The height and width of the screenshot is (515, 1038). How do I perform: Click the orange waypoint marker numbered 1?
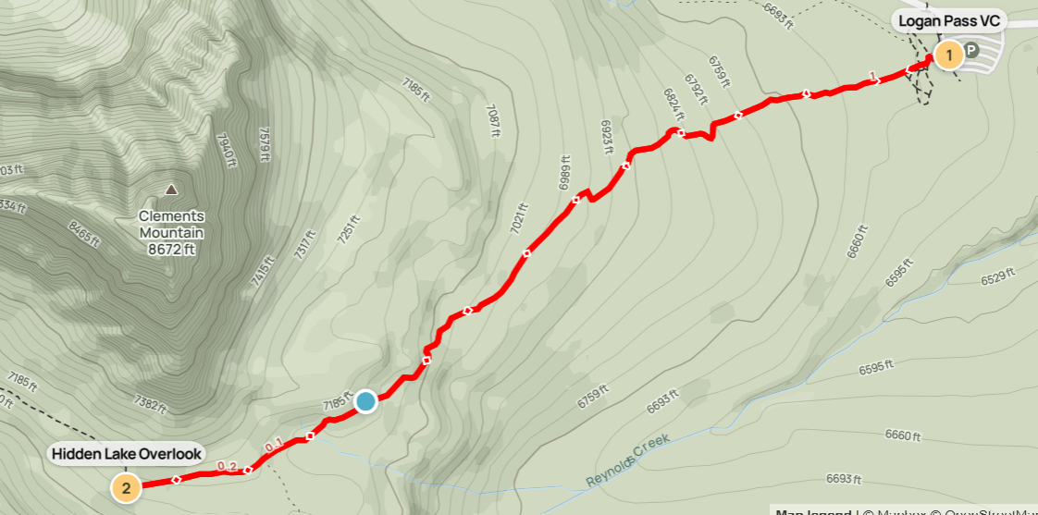tap(947, 55)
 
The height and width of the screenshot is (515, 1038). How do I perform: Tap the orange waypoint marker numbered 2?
tap(126, 486)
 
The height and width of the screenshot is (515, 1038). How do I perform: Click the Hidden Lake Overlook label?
tap(127, 454)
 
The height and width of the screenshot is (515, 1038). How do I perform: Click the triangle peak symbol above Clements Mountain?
tap(171, 190)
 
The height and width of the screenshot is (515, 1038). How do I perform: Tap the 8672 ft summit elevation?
tap(171, 249)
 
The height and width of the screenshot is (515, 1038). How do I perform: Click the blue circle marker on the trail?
tap(365, 401)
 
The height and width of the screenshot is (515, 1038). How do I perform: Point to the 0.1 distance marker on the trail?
tap(274, 448)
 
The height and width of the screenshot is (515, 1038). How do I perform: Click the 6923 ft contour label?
tap(608, 139)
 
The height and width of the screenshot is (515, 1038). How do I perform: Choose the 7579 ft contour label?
tap(266, 143)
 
